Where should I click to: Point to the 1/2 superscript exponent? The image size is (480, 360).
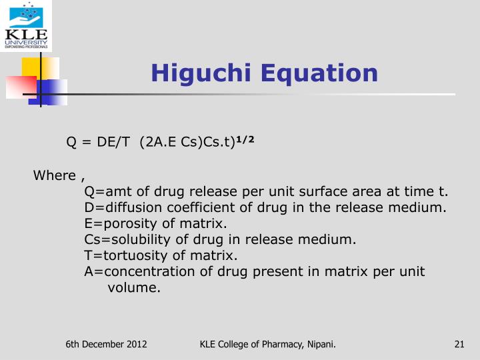coord(247,140)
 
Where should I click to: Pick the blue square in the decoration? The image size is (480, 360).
coord(53,91)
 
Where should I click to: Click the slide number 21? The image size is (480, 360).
coord(459,344)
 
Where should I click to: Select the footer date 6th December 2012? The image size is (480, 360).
coord(106,344)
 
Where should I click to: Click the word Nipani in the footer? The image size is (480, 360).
coord(321,344)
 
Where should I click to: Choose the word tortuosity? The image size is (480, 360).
coord(131,255)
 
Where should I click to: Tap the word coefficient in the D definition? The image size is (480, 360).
coord(179,207)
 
